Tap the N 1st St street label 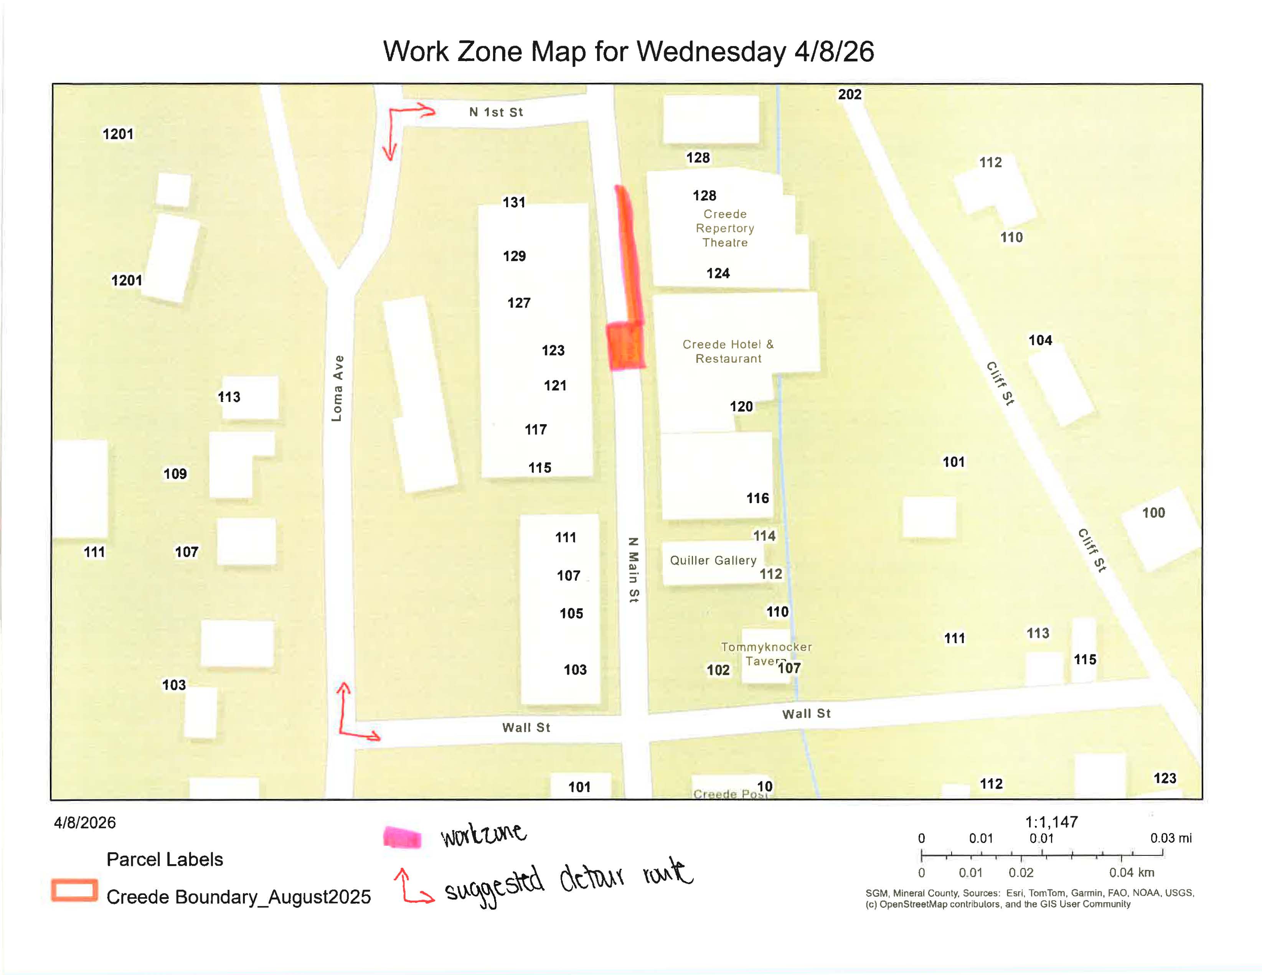(x=496, y=112)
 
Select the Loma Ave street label (x=337, y=388)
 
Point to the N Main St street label (x=633, y=570)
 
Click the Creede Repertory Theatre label (x=724, y=228)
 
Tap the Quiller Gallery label (x=713, y=560)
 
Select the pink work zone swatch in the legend (x=402, y=838)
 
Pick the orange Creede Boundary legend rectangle (x=74, y=890)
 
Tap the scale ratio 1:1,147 (x=1051, y=822)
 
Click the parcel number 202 (x=850, y=94)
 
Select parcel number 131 (x=514, y=202)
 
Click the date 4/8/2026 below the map (x=85, y=822)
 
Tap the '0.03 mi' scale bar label (x=1171, y=838)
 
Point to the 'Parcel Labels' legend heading (x=165, y=860)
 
